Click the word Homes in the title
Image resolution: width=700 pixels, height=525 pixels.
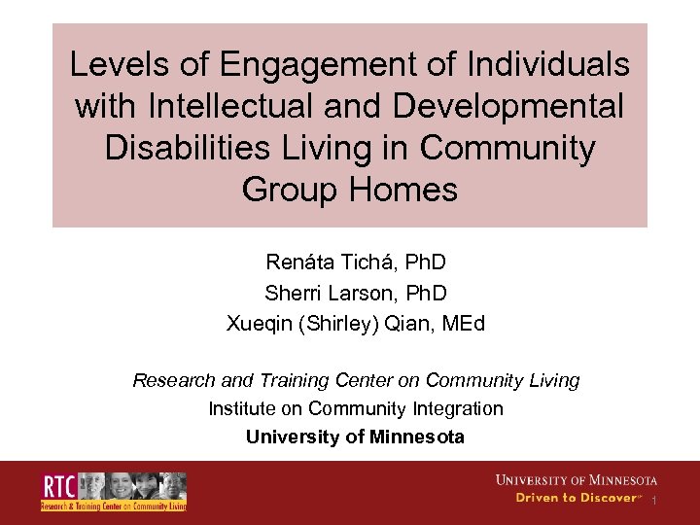[x=402, y=189]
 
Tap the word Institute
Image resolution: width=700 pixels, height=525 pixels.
[x=239, y=408]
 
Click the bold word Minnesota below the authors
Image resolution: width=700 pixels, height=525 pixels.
[x=416, y=437]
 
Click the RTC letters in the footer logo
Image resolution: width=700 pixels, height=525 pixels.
[x=58, y=485]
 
